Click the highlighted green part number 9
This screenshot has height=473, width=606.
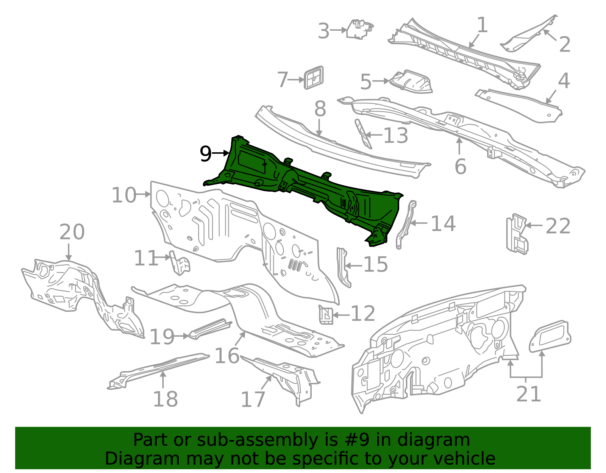(x=311, y=189)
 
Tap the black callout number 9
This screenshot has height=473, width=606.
(x=205, y=154)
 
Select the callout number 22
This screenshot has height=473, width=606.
(x=558, y=226)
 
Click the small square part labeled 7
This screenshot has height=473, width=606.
(x=314, y=78)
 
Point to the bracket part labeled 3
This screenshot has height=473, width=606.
(x=359, y=29)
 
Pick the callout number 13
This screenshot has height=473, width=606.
(x=395, y=135)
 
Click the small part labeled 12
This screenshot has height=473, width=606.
(x=326, y=315)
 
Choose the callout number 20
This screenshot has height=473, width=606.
(x=72, y=232)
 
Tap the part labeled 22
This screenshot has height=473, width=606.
(x=516, y=234)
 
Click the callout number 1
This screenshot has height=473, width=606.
(x=482, y=25)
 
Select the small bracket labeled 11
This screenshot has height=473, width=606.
(x=180, y=262)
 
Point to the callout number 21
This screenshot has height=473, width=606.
(x=528, y=394)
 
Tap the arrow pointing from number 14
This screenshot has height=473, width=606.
(x=418, y=223)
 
